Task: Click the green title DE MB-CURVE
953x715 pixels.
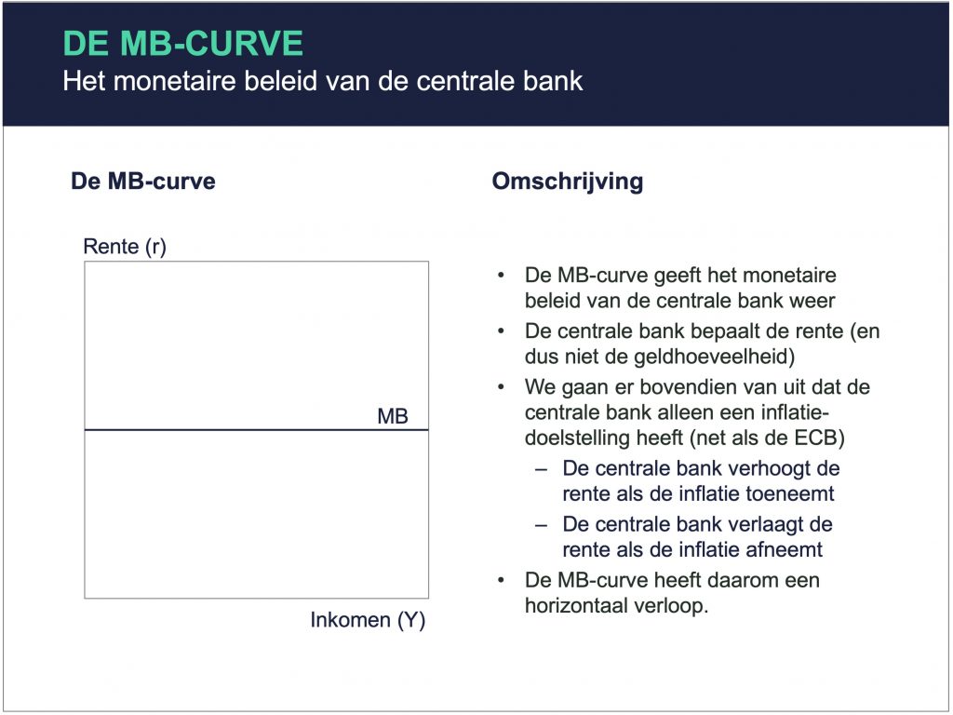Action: (x=183, y=43)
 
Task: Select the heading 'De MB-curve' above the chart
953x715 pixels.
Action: (x=142, y=182)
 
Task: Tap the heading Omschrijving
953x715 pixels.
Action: (x=568, y=182)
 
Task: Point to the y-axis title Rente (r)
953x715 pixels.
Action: (x=125, y=246)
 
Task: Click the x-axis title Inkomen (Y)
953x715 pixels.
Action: (x=368, y=619)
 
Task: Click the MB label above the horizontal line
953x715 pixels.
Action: (x=393, y=416)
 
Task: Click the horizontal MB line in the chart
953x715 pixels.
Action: (x=257, y=430)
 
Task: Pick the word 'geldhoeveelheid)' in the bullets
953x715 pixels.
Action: (x=714, y=357)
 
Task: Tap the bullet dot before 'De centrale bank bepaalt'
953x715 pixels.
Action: (x=501, y=331)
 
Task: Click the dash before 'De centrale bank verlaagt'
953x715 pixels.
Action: (x=541, y=525)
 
